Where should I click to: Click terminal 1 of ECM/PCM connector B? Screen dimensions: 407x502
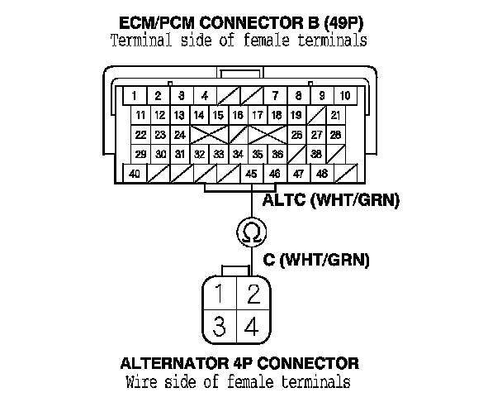pos(134,95)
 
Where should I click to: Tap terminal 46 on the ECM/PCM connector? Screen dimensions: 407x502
pos(274,174)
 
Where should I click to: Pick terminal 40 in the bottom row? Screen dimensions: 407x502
pos(134,174)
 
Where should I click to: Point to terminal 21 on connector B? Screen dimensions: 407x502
pos(336,114)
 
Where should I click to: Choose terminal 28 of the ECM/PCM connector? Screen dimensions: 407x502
pos(336,134)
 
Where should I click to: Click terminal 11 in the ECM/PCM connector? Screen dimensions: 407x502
pos(141,114)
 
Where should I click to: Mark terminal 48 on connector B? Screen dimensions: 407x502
pos(321,174)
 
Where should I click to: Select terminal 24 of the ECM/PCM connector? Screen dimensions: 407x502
pos(180,134)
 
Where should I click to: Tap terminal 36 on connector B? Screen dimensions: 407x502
pos(277,154)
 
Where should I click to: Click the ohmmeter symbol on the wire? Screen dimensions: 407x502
pos(249,233)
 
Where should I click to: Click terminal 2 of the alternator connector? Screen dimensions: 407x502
pos(253,292)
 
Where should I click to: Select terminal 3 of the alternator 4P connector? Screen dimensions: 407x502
pos(219,326)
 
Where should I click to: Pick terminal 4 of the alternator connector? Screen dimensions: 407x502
pos(253,326)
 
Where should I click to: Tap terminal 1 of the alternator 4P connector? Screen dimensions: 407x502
pos(219,292)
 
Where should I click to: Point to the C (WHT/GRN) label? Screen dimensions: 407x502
pos(316,260)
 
